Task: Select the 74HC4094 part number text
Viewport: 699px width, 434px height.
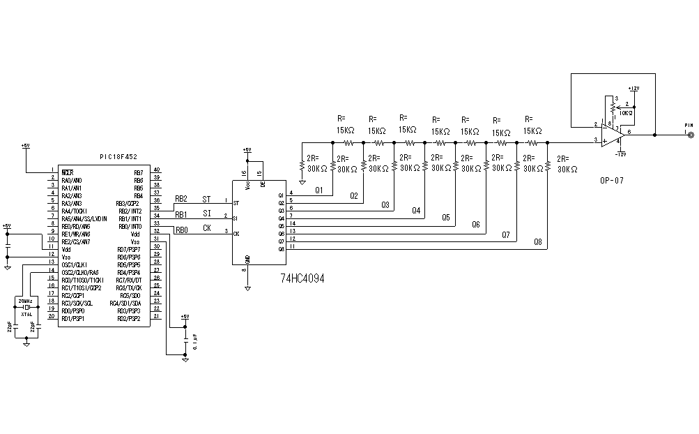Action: (x=302, y=278)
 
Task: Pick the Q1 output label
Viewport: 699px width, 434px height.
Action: (x=319, y=190)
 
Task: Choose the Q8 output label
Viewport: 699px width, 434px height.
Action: (x=537, y=242)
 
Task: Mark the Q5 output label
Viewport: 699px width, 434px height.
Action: (x=446, y=217)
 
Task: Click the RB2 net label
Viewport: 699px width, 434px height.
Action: (x=181, y=199)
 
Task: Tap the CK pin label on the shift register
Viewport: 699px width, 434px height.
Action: (x=207, y=228)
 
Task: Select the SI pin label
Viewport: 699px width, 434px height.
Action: (x=206, y=214)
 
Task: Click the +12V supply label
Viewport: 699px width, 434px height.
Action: (x=633, y=89)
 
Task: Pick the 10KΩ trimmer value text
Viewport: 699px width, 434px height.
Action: (x=625, y=112)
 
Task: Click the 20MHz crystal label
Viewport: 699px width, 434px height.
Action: (x=26, y=300)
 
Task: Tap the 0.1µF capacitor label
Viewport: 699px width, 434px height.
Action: (x=195, y=341)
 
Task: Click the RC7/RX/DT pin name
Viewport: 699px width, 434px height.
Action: (x=129, y=280)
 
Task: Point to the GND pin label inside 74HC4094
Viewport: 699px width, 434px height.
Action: (x=248, y=258)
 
